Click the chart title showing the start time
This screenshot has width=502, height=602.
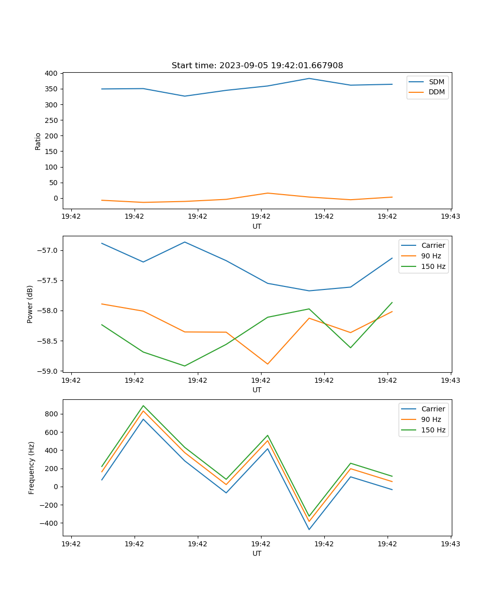257,66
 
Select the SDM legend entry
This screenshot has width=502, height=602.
436,82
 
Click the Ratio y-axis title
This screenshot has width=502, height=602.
38,141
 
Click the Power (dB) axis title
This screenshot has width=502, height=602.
30,304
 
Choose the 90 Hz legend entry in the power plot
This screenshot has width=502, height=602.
431,256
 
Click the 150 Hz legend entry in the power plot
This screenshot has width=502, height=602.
433,266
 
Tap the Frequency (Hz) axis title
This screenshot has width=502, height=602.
32,468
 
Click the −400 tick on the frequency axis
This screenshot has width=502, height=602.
49,523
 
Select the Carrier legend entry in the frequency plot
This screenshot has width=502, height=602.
433,409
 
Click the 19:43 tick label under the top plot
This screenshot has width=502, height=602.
450,217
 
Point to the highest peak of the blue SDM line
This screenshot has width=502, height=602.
309,78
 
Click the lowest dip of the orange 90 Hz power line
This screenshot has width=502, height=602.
268,364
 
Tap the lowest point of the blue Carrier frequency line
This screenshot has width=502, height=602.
309,529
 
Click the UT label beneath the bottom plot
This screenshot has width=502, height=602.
257,553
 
